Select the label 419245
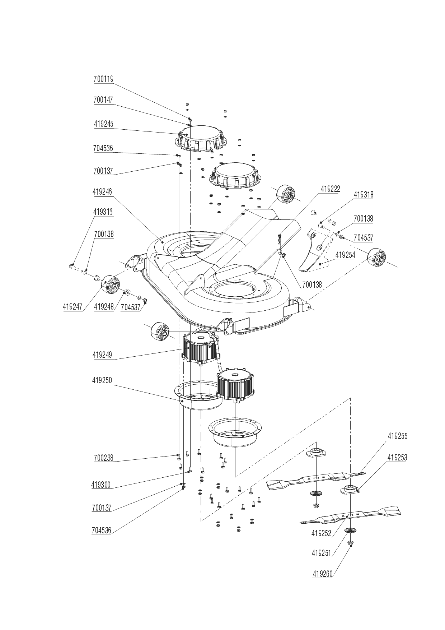pos(103,124)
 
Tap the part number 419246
pos(102,192)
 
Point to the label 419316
pos(103,212)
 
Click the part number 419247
pos(73,307)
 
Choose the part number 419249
pos(102,355)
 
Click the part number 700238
pos(103,458)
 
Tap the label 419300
pos(101,485)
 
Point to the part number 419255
pos(397,436)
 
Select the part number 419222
pos(330,189)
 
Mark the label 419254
pos(345,255)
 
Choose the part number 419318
pos(363,195)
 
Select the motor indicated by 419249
pos(199,348)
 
